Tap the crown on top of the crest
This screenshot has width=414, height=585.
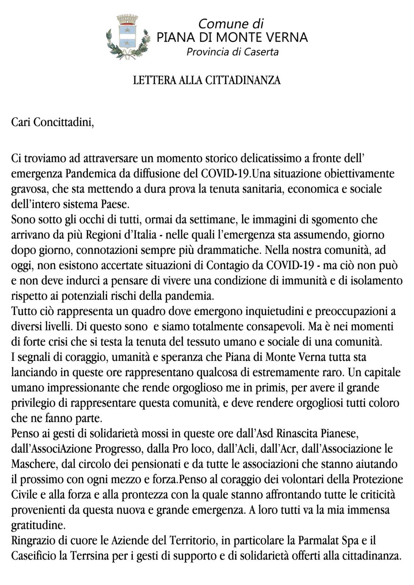(x=127, y=19)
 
